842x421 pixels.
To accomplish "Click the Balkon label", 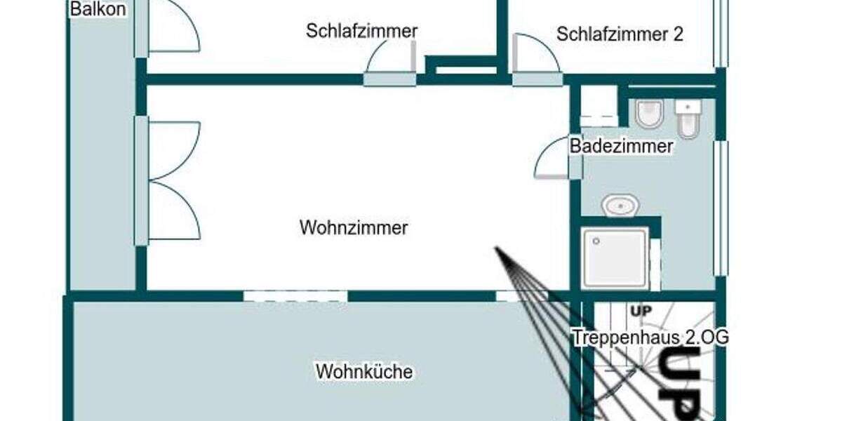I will coord(98,10).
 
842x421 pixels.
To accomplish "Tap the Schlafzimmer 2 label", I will coord(620,34).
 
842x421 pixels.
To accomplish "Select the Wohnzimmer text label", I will coord(354,228).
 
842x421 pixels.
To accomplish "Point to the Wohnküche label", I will coord(364,371).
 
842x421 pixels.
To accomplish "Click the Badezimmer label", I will coord(621,147).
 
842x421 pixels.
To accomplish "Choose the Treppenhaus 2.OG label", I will coord(650,338).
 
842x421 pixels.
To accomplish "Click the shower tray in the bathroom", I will coord(615,258).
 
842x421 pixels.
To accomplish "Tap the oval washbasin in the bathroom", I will coord(620,206).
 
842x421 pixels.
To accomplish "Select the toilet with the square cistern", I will coord(687,119).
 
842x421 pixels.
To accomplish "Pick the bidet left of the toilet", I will coord(649,114).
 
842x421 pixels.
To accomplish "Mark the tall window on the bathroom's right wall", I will coord(720,208).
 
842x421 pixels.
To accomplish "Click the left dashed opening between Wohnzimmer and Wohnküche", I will coord(295,296).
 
